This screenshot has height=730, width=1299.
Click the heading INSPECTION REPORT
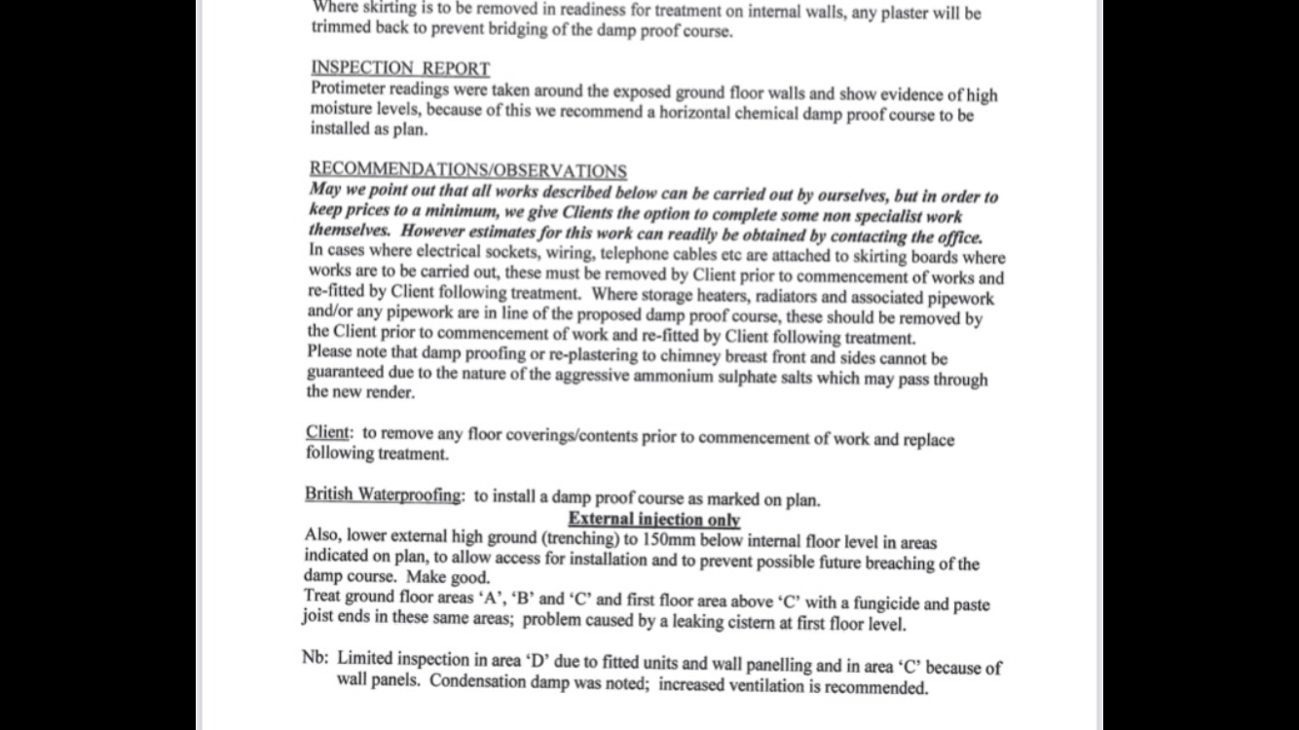click(400, 68)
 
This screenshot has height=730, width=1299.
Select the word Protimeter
click(352, 89)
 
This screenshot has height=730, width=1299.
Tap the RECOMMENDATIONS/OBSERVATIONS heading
click(467, 170)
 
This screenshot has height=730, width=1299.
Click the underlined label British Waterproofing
click(383, 494)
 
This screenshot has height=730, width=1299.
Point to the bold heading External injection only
click(653, 519)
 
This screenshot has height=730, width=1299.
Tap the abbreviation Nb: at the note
click(315, 657)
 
